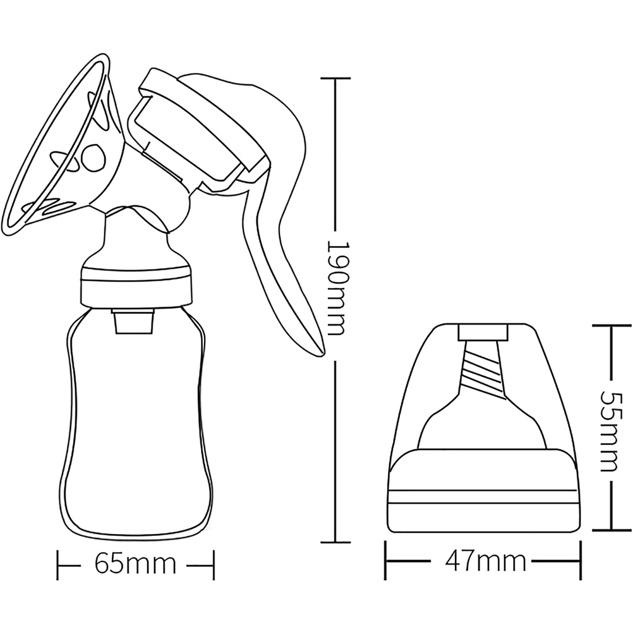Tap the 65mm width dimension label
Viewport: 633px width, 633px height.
[x=135, y=563]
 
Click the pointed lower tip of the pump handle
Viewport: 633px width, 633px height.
[x=323, y=355]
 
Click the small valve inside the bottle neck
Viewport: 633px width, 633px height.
[x=134, y=321]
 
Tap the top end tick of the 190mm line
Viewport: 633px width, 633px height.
[x=334, y=79]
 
